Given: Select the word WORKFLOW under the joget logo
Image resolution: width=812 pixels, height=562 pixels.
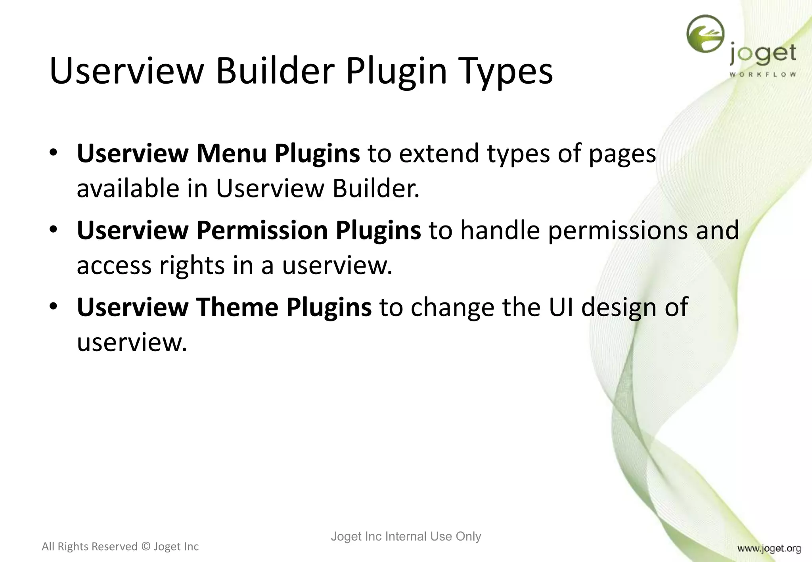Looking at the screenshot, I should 762,75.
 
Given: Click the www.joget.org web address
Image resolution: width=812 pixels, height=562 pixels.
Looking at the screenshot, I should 769,549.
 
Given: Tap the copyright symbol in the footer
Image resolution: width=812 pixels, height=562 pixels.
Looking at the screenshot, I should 146,547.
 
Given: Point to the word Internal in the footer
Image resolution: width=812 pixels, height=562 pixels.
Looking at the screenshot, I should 406,536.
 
